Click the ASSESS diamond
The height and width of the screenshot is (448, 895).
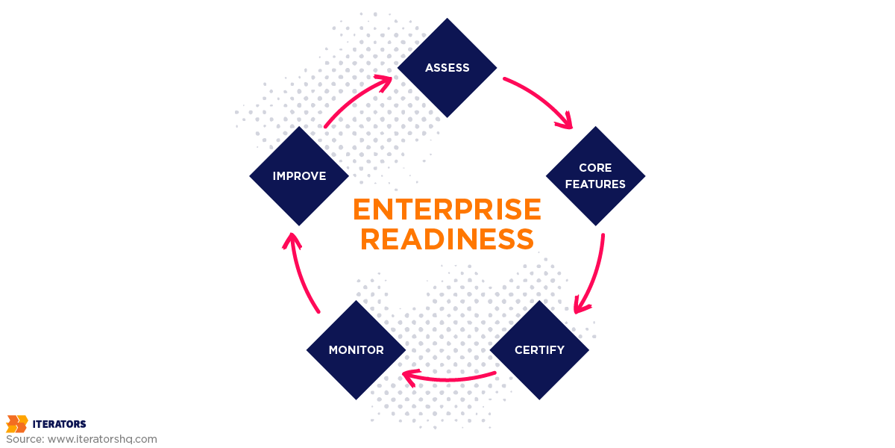(x=447, y=68)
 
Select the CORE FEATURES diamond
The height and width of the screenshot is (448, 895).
(x=595, y=176)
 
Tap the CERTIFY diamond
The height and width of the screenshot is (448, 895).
(x=539, y=349)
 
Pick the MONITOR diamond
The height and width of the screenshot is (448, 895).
(x=356, y=349)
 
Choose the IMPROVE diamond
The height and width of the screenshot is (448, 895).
(x=299, y=176)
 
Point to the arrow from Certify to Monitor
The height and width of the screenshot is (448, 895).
(x=447, y=379)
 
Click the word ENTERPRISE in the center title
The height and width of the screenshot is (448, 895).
(x=447, y=210)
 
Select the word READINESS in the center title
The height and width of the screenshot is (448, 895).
(x=447, y=240)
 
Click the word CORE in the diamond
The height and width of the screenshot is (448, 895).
(x=595, y=168)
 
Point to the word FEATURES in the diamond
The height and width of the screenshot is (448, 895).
(x=595, y=184)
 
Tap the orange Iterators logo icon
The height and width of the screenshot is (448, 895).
(x=16, y=424)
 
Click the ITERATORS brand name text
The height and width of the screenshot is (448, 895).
(x=59, y=424)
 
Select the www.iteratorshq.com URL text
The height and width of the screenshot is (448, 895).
(x=102, y=439)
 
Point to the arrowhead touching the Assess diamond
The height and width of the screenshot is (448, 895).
(x=384, y=81)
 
